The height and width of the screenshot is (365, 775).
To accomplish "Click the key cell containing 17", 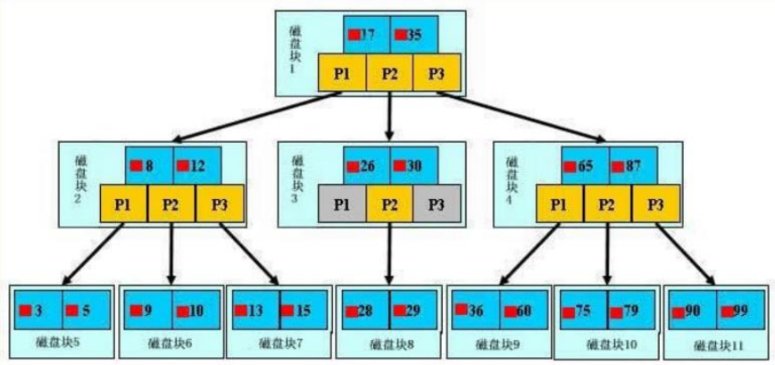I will (366, 35).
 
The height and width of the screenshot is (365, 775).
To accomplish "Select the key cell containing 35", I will (413, 35).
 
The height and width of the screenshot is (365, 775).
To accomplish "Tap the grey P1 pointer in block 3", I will (342, 204).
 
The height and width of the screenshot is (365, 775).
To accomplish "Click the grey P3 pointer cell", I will (436, 204).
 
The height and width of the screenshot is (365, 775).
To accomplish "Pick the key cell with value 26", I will (366, 166).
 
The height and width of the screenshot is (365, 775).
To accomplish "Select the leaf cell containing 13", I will (254, 311).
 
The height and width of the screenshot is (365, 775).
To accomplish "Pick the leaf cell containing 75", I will (581, 311).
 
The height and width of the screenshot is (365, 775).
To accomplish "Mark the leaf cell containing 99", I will (737, 311).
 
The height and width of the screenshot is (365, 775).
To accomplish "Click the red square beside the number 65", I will (569, 165).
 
